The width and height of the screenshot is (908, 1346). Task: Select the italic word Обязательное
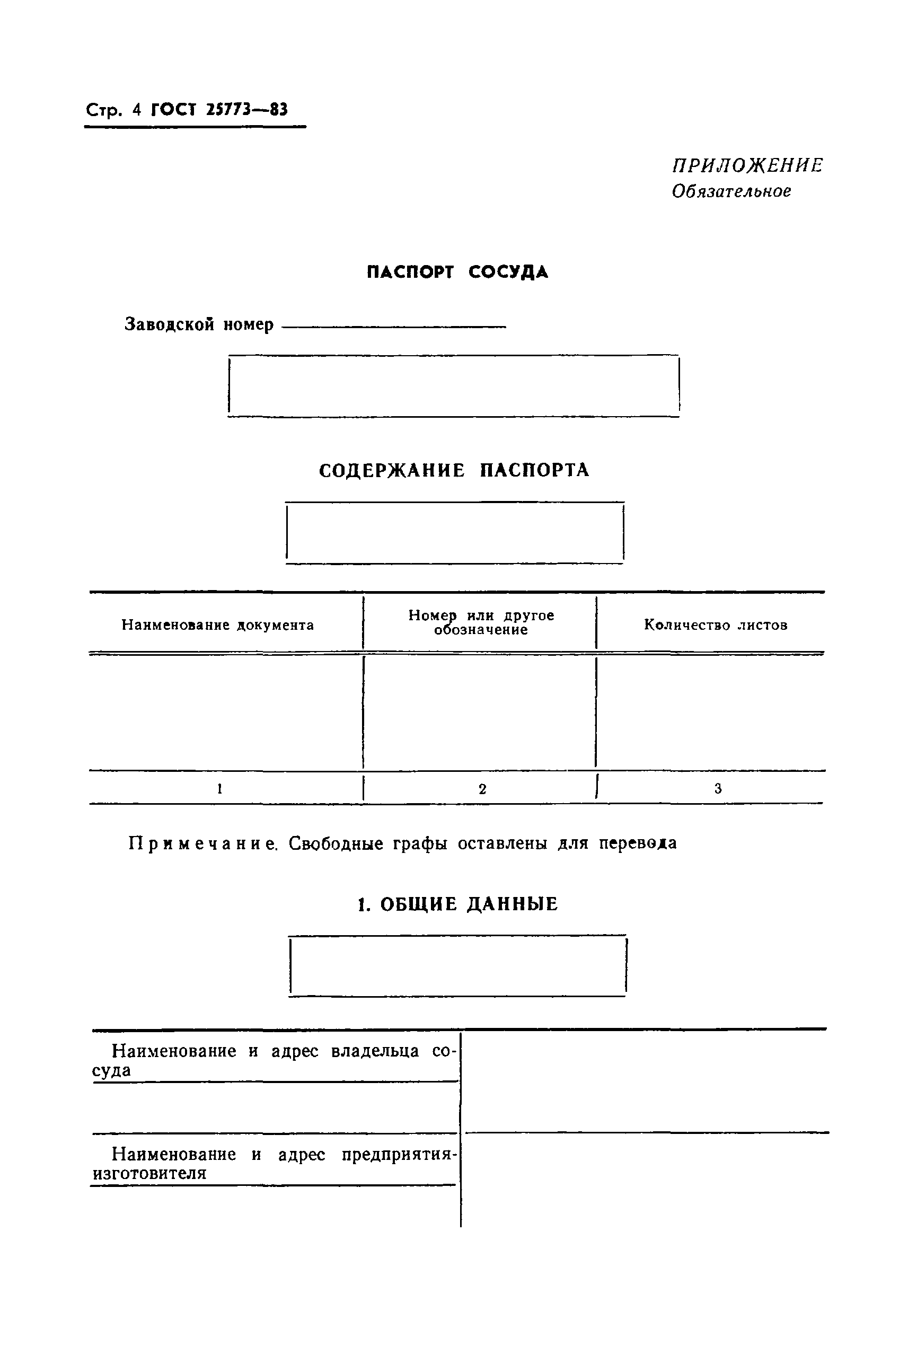click(731, 191)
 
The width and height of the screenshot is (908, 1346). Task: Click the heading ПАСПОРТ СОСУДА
click(457, 271)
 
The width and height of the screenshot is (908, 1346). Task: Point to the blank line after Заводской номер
click(394, 327)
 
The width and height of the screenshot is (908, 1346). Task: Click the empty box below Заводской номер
click(453, 386)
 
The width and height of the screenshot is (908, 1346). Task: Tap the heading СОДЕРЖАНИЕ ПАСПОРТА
click(453, 470)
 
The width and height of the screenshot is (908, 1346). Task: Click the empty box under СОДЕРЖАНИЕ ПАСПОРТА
click(455, 533)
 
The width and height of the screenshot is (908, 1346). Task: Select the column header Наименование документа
click(218, 625)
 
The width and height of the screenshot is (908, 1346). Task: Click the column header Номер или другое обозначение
click(481, 622)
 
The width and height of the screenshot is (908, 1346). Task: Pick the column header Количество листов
click(716, 625)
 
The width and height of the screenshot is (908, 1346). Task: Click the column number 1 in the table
click(220, 788)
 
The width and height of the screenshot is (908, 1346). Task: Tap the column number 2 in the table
click(482, 789)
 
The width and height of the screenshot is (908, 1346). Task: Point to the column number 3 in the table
click(718, 788)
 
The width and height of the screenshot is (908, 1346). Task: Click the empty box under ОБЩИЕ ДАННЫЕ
click(457, 966)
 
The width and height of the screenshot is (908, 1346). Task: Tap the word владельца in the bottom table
click(375, 1051)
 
